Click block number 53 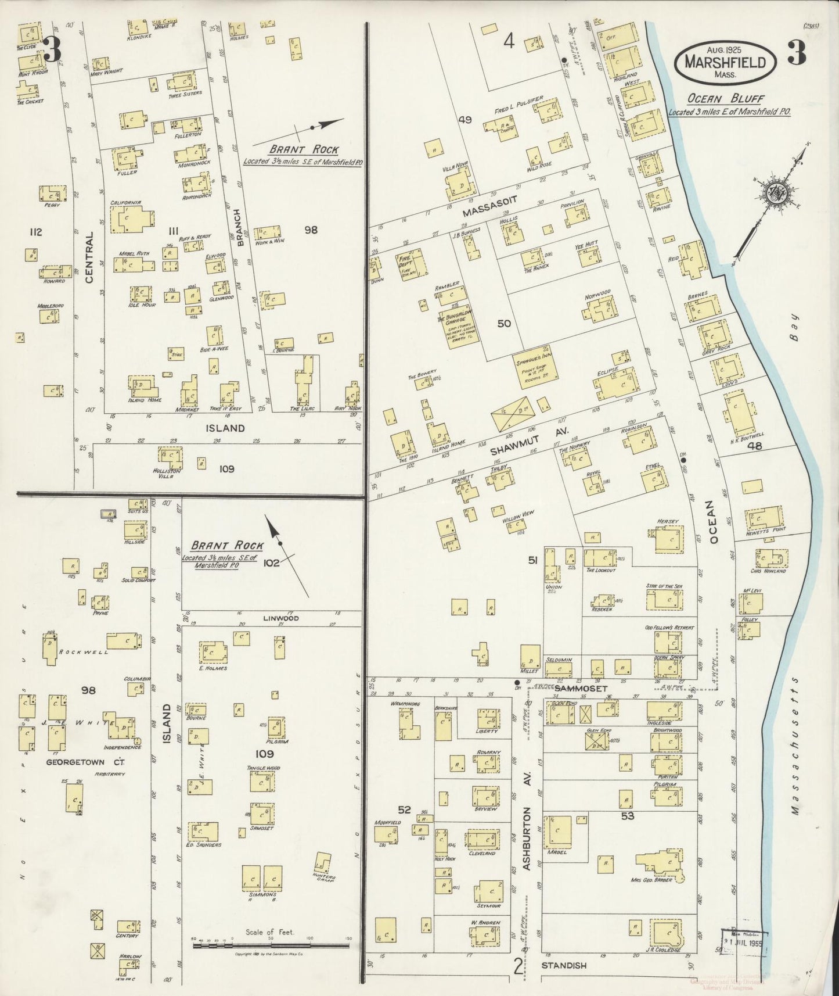click(x=628, y=816)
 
